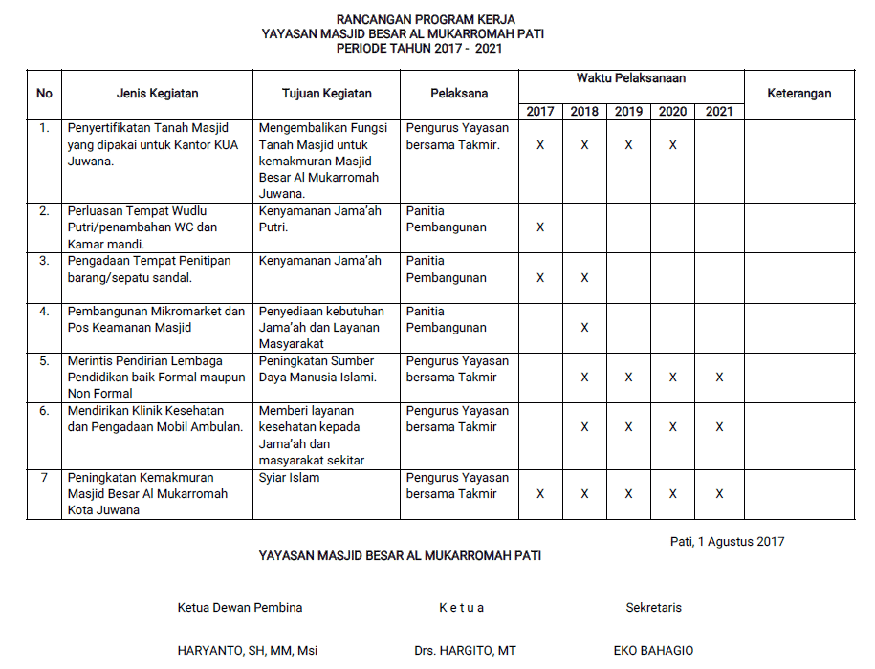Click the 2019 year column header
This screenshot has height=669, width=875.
pos(628,111)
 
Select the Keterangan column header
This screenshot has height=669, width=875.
pos(798,94)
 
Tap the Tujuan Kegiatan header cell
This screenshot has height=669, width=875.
pos(327,94)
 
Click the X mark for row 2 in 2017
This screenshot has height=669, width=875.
pos(540,227)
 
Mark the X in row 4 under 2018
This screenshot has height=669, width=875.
pos(584,328)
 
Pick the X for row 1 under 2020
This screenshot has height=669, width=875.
pos(673,145)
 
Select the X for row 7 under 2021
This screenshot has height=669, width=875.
pos(719,494)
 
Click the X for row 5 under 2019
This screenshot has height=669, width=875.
pos(628,378)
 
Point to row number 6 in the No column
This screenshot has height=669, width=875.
pos(44,411)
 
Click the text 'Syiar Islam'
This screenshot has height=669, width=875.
pos(290,478)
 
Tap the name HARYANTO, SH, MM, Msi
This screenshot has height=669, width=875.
pos(248,651)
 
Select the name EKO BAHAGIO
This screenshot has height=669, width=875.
pos(654,651)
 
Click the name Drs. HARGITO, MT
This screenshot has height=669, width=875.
pos(465,651)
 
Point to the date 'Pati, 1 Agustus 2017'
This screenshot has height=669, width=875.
pos(727,542)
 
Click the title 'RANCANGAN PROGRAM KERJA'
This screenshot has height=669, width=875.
pos(426,19)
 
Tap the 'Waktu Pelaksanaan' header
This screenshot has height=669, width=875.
pos(630,78)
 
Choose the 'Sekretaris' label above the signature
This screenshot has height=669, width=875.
pos(654,608)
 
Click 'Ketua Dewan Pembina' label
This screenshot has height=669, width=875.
pos(240,608)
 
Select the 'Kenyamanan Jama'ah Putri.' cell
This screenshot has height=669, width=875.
pos(320,219)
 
